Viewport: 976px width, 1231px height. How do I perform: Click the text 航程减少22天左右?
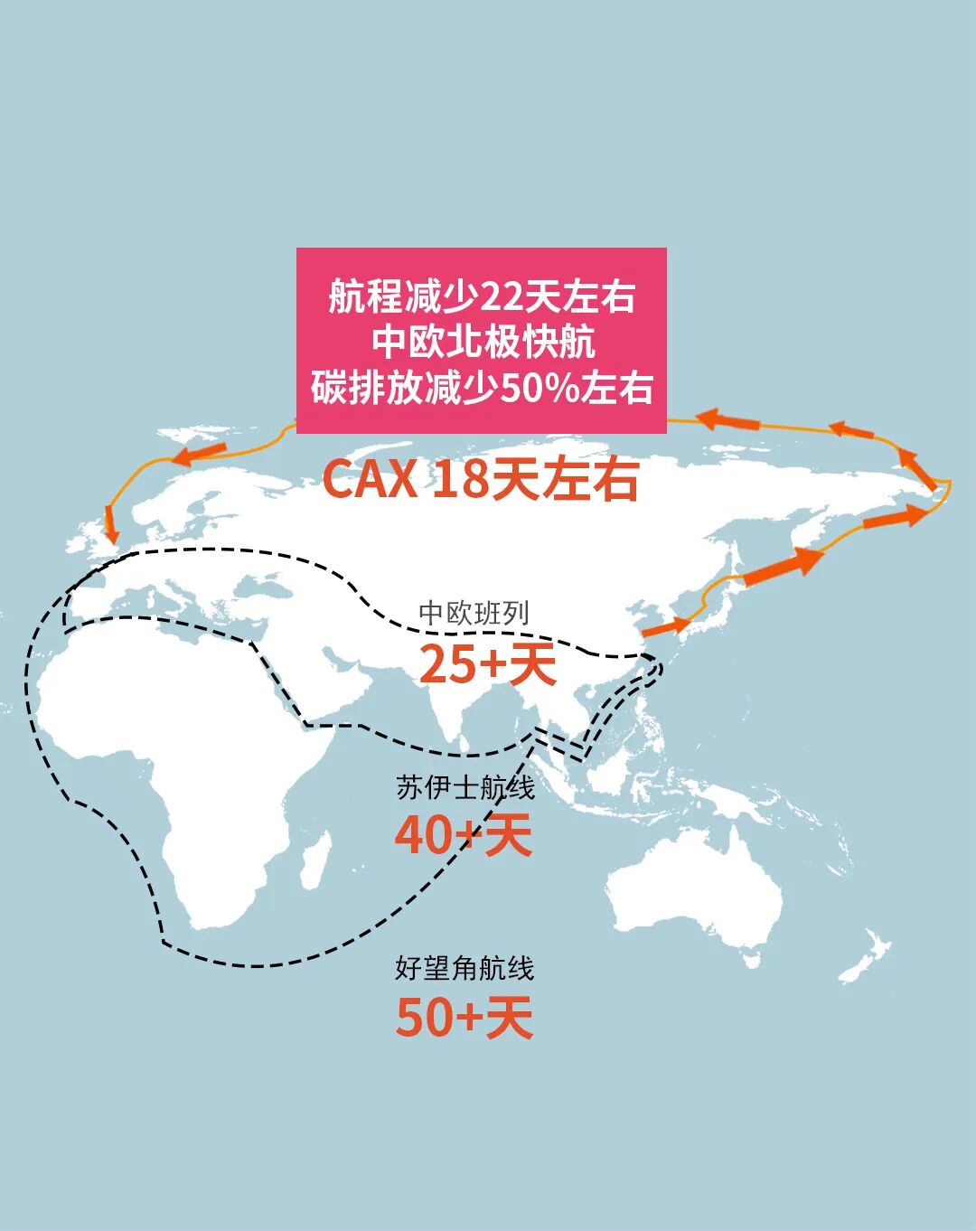[x=482, y=296]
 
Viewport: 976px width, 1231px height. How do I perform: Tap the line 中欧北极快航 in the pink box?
[x=482, y=342]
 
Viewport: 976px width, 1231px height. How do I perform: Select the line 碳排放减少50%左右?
[x=482, y=387]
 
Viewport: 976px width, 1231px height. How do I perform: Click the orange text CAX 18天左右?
[x=480, y=479]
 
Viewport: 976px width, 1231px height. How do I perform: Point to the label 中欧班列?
[x=474, y=614]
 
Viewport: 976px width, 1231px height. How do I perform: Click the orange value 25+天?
[x=487, y=665]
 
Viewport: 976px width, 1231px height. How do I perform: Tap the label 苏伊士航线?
[x=465, y=787]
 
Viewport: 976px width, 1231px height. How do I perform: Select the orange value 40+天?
[x=464, y=835]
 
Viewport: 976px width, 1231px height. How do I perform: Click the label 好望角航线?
[x=465, y=968]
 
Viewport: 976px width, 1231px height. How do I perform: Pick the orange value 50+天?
[x=465, y=1018]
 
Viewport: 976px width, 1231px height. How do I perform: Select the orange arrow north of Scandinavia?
[x=200, y=452]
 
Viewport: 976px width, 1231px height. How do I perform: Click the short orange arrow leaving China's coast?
[x=665, y=626]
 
